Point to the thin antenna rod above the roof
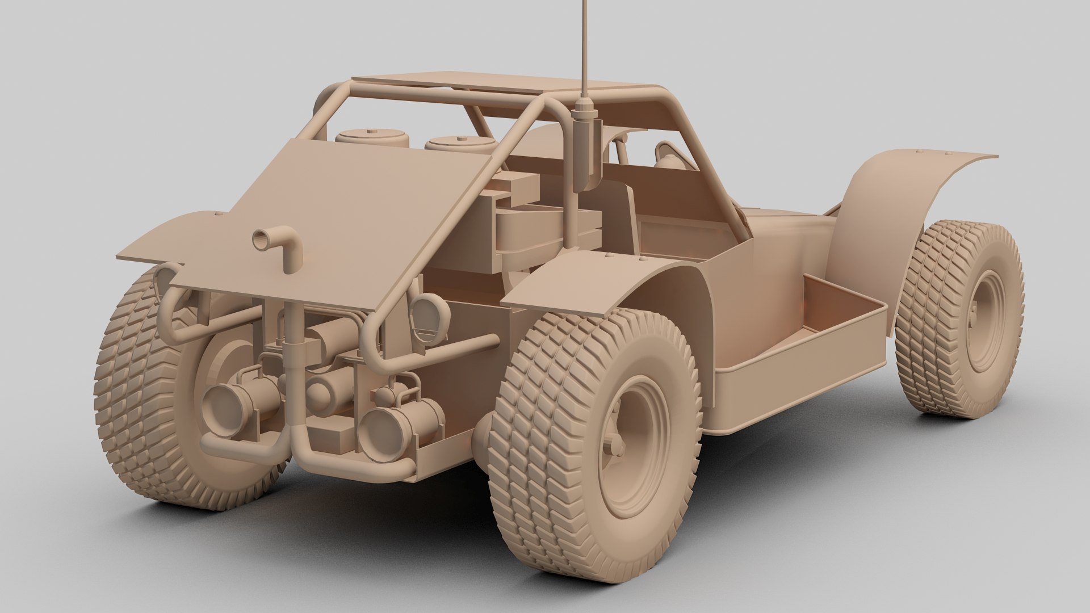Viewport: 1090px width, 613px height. click(x=583, y=45)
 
